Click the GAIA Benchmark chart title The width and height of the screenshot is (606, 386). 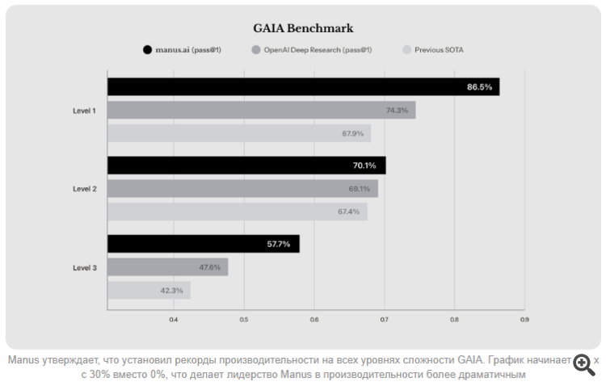pos(302,28)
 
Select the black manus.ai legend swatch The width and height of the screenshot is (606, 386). pos(147,50)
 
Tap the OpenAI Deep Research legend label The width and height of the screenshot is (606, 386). pos(318,50)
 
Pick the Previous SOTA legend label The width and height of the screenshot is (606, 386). pos(439,50)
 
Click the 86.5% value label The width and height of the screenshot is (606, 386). pos(479,86)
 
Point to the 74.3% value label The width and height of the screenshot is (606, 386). pos(397,110)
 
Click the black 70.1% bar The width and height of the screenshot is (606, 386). pos(246,166)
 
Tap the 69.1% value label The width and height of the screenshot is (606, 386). pos(359,189)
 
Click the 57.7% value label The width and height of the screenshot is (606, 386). pos(279,244)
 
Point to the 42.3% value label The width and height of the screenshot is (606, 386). pos(171,290)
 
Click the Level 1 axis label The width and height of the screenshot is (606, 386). pos(85,110)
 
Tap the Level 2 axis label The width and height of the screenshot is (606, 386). pos(85,189)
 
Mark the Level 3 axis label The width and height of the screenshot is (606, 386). pos(85,267)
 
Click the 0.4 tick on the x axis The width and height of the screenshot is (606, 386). pos(173,320)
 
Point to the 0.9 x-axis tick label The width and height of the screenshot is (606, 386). pos(524,320)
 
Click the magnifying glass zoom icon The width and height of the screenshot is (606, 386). pos(583,364)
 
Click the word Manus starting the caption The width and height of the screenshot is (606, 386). pos(22,360)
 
